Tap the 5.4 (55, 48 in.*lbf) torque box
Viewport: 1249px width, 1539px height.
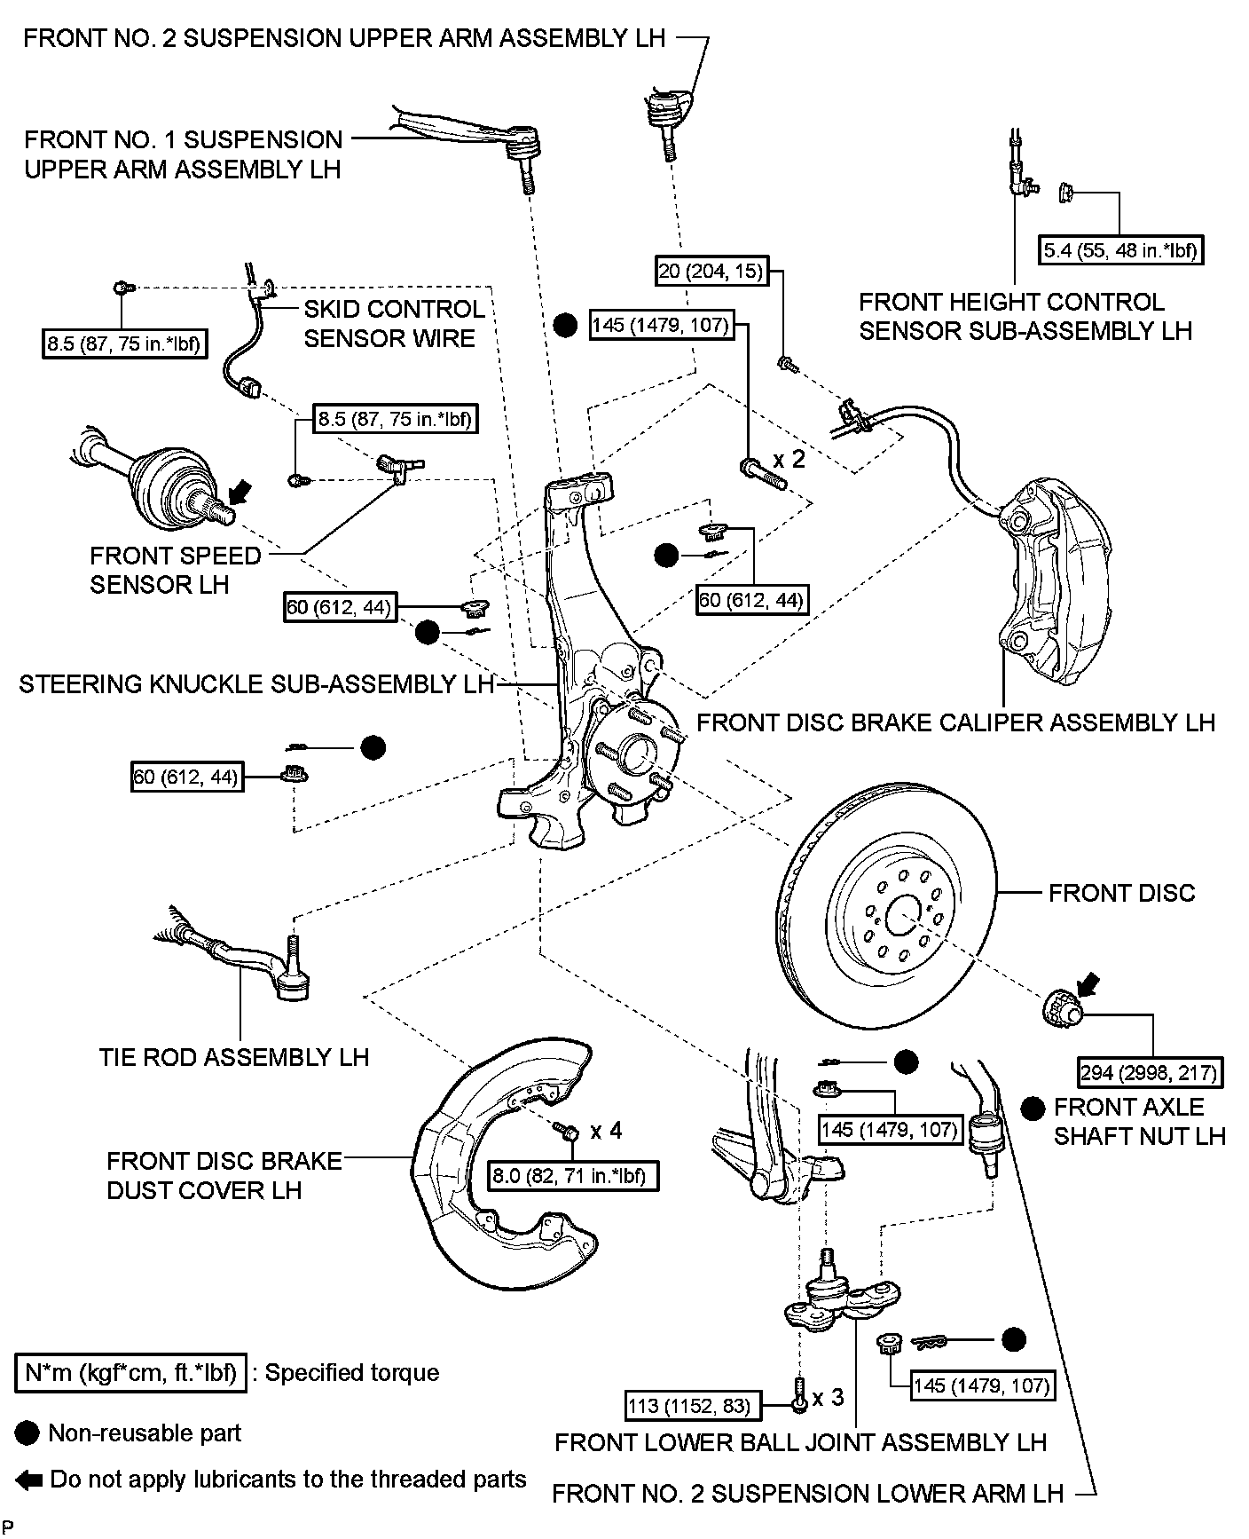pyautogui.click(x=1119, y=250)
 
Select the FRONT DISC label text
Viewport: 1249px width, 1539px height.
pyautogui.click(x=1121, y=893)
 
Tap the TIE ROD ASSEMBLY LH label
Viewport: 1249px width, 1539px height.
pyautogui.click(x=234, y=1057)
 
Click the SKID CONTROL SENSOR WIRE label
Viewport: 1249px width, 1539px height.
pyautogui.click(x=394, y=324)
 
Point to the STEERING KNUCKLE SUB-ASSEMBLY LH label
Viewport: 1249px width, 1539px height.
pyautogui.click(x=256, y=684)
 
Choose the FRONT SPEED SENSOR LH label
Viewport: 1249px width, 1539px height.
pyautogui.click(x=176, y=570)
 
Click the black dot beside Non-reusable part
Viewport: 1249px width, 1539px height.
pyautogui.click(x=28, y=1432)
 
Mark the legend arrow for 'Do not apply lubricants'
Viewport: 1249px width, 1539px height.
pyautogui.click(x=29, y=1480)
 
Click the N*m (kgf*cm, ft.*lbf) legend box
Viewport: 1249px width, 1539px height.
pyautogui.click(x=130, y=1373)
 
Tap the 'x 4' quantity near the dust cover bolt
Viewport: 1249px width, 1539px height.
pyautogui.click(x=606, y=1130)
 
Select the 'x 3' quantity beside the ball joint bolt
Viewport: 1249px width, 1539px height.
pyautogui.click(x=827, y=1398)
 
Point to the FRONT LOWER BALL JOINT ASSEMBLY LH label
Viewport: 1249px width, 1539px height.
pyautogui.click(x=800, y=1442)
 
